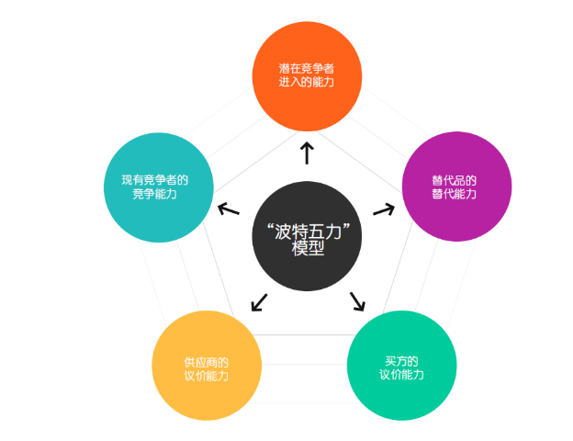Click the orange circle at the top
(307, 75)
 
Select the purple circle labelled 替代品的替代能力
(456, 187)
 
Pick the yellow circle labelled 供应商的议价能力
(206, 366)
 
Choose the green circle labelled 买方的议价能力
(402, 366)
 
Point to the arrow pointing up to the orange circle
(307, 152)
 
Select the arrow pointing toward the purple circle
(383, 209)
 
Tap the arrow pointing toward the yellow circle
(259, 301)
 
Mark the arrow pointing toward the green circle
(357, 301)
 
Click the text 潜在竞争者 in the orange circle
(307, 68)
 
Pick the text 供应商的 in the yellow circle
(206, 361)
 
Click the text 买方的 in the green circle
(402, 359)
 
